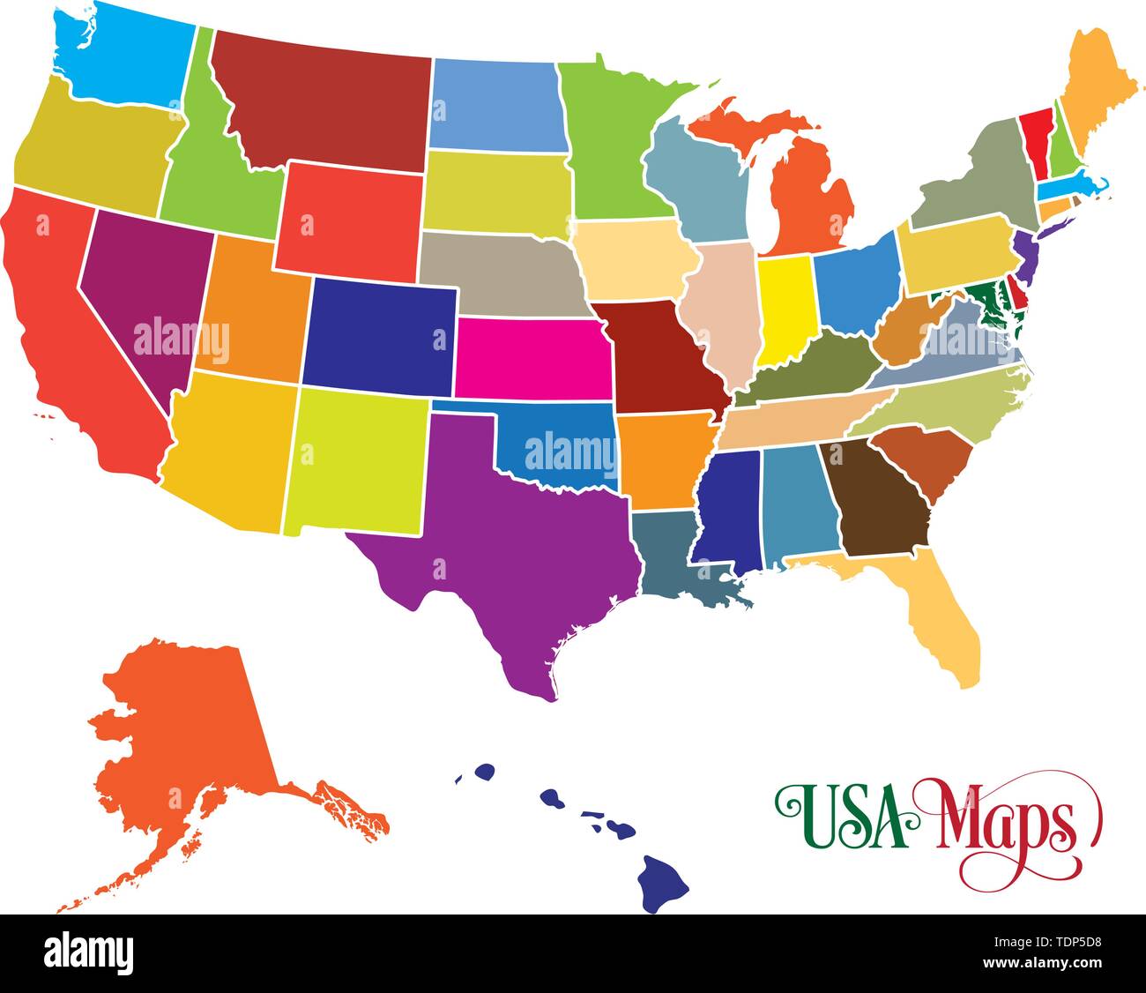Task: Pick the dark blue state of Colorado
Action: click(379, 335)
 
